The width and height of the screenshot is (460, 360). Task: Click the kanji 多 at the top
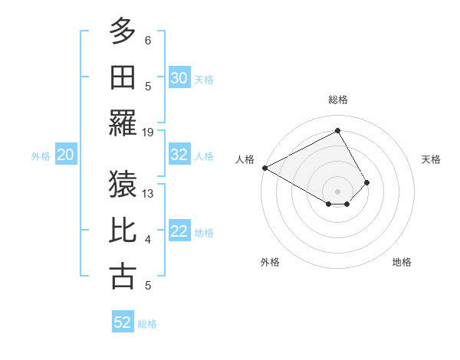click(x=123, y=32)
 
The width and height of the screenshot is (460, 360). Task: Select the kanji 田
click(x=123, y=77)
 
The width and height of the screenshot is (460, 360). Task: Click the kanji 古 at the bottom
click(x=123, y=277)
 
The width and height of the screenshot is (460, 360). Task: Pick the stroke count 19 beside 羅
click(x=148, y=132)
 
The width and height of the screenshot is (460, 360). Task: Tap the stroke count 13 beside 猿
click(x=148, y=193)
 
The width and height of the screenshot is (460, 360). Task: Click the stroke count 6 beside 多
click(x=148, y=40)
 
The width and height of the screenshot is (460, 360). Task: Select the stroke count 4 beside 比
click(x=148, y=240)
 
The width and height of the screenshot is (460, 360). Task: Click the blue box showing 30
click(x=179, y=77)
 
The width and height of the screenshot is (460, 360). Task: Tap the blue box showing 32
click(x=179, y=155)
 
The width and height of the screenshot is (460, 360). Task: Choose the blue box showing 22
click(x=179, y=232)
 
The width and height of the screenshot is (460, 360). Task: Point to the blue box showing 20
click(x=65, y=155)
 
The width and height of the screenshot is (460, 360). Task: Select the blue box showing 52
click(x=123, y=322)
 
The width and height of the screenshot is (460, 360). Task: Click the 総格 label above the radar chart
click(x=337, y=100)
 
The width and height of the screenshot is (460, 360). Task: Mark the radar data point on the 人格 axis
click(x=264, y=167)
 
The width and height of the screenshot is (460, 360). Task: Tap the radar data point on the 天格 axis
click(x=367, y=182)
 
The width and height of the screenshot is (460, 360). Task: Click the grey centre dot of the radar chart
click(x=337, y=191)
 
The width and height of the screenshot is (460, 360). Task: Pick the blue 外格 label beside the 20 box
click(x=41, y=156)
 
